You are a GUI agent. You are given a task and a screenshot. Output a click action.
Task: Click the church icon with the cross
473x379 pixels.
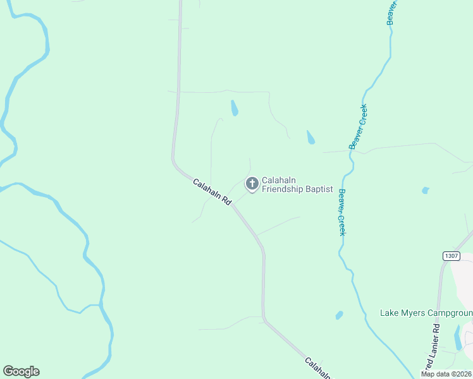[252, 184]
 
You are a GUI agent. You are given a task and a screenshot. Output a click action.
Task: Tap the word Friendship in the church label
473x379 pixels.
[283, 189]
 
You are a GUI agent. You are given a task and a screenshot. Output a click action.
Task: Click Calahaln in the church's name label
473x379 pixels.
[279, 180]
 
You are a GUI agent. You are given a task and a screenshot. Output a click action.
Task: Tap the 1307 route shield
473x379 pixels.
[451, 255]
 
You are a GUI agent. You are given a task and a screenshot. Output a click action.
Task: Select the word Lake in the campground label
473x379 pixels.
[389, 313]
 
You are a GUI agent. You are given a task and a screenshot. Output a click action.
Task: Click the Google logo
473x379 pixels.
[21, 371]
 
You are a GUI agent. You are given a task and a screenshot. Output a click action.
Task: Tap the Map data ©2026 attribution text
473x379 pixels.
[446, 374]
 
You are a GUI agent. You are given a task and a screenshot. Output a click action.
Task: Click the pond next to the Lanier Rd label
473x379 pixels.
[458, 337]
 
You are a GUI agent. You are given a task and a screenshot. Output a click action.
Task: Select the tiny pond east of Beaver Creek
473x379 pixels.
[426, 190]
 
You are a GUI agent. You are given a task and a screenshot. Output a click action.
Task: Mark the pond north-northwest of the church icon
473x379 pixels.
[235, 108]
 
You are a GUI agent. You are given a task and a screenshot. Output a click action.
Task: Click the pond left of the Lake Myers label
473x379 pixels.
[340, 315]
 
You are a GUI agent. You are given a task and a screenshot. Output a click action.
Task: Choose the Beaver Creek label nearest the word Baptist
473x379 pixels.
[341, 213]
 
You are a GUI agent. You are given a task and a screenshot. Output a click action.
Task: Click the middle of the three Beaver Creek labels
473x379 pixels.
[358, 126]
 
